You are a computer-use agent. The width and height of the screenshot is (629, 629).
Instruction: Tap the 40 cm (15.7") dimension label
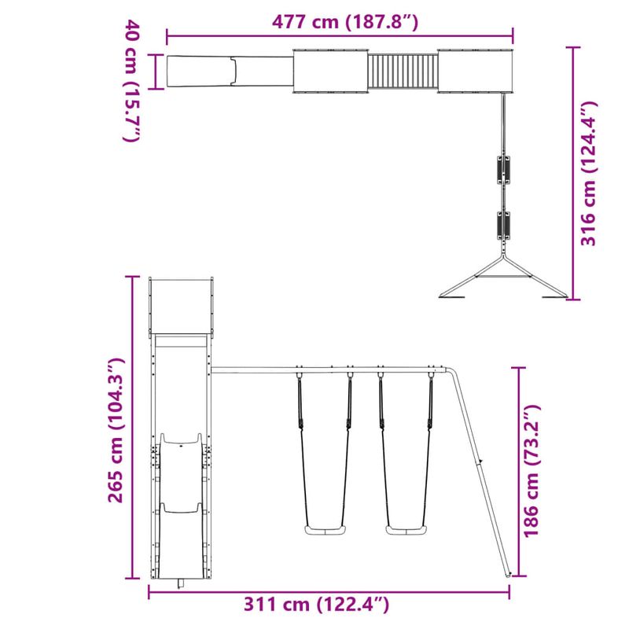[131, 83]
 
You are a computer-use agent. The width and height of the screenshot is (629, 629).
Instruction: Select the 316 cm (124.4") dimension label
[590, 173]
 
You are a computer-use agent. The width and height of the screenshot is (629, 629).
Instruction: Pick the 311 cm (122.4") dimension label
[316, 605]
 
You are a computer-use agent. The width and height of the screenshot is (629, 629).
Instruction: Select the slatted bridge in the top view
[403, 72]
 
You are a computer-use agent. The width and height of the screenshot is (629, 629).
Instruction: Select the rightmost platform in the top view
[475, 72]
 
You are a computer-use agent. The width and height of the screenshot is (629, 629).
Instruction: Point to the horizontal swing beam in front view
[330, 369]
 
